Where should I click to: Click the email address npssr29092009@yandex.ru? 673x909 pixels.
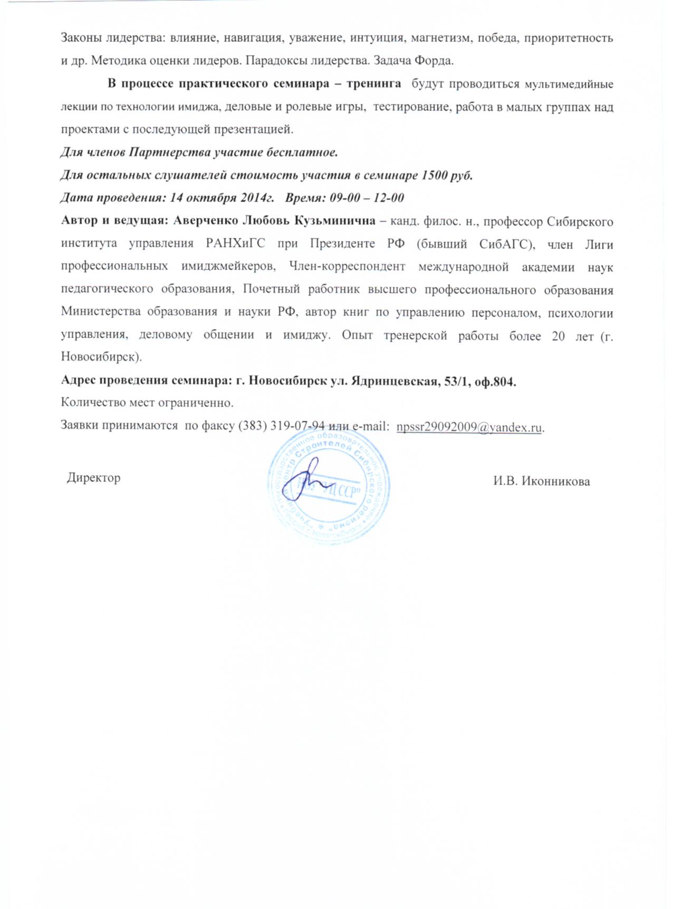(x=469, y=427)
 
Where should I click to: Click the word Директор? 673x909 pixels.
(x=93, y=478)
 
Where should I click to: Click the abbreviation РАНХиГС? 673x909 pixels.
(x=232, y=244)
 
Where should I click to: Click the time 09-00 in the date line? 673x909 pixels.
(x=344, y=198)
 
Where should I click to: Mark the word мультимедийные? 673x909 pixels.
(x=568, y=84)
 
